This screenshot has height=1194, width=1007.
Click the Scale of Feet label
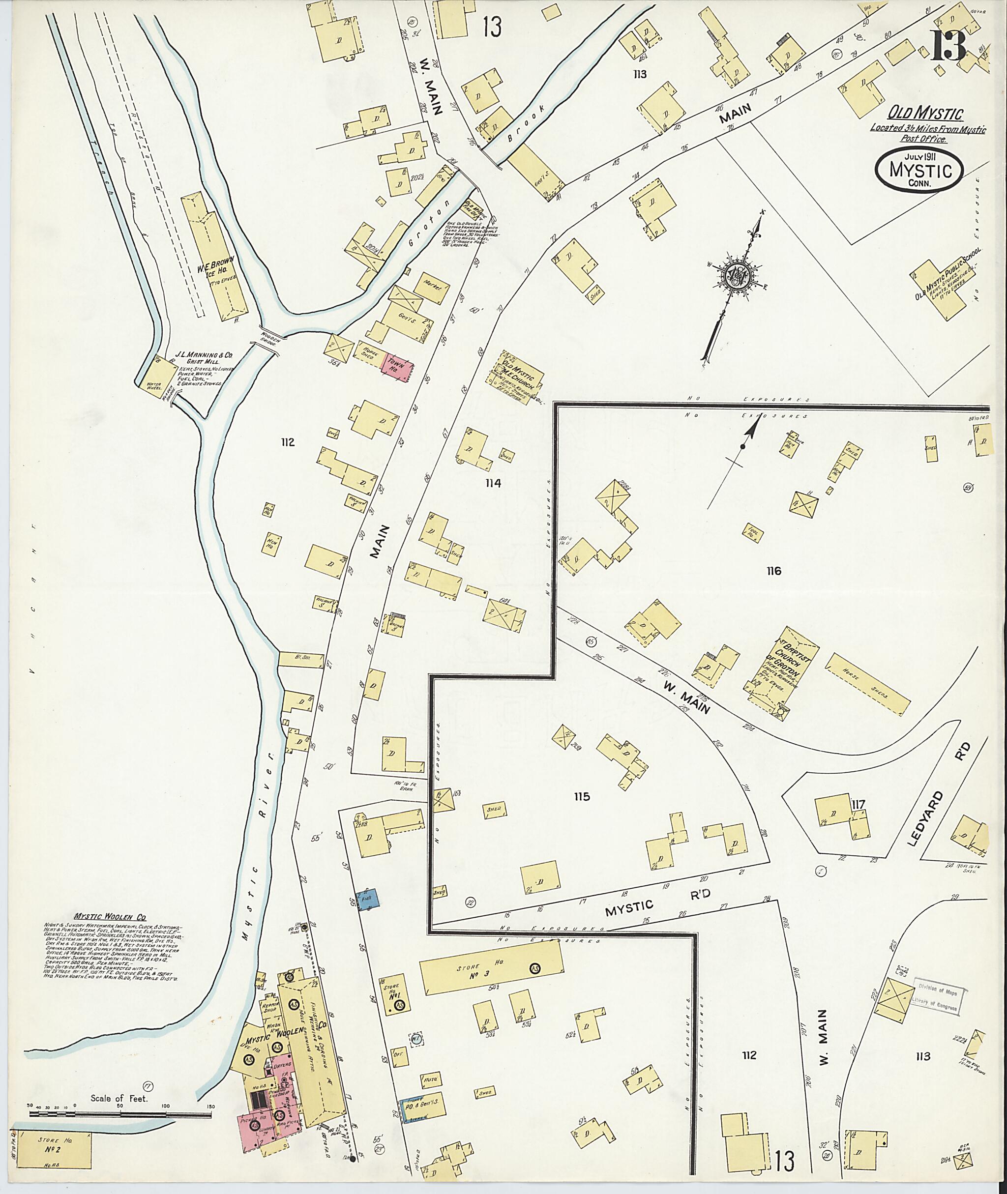coord(120,1098)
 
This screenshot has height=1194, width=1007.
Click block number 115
coord(582,796)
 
